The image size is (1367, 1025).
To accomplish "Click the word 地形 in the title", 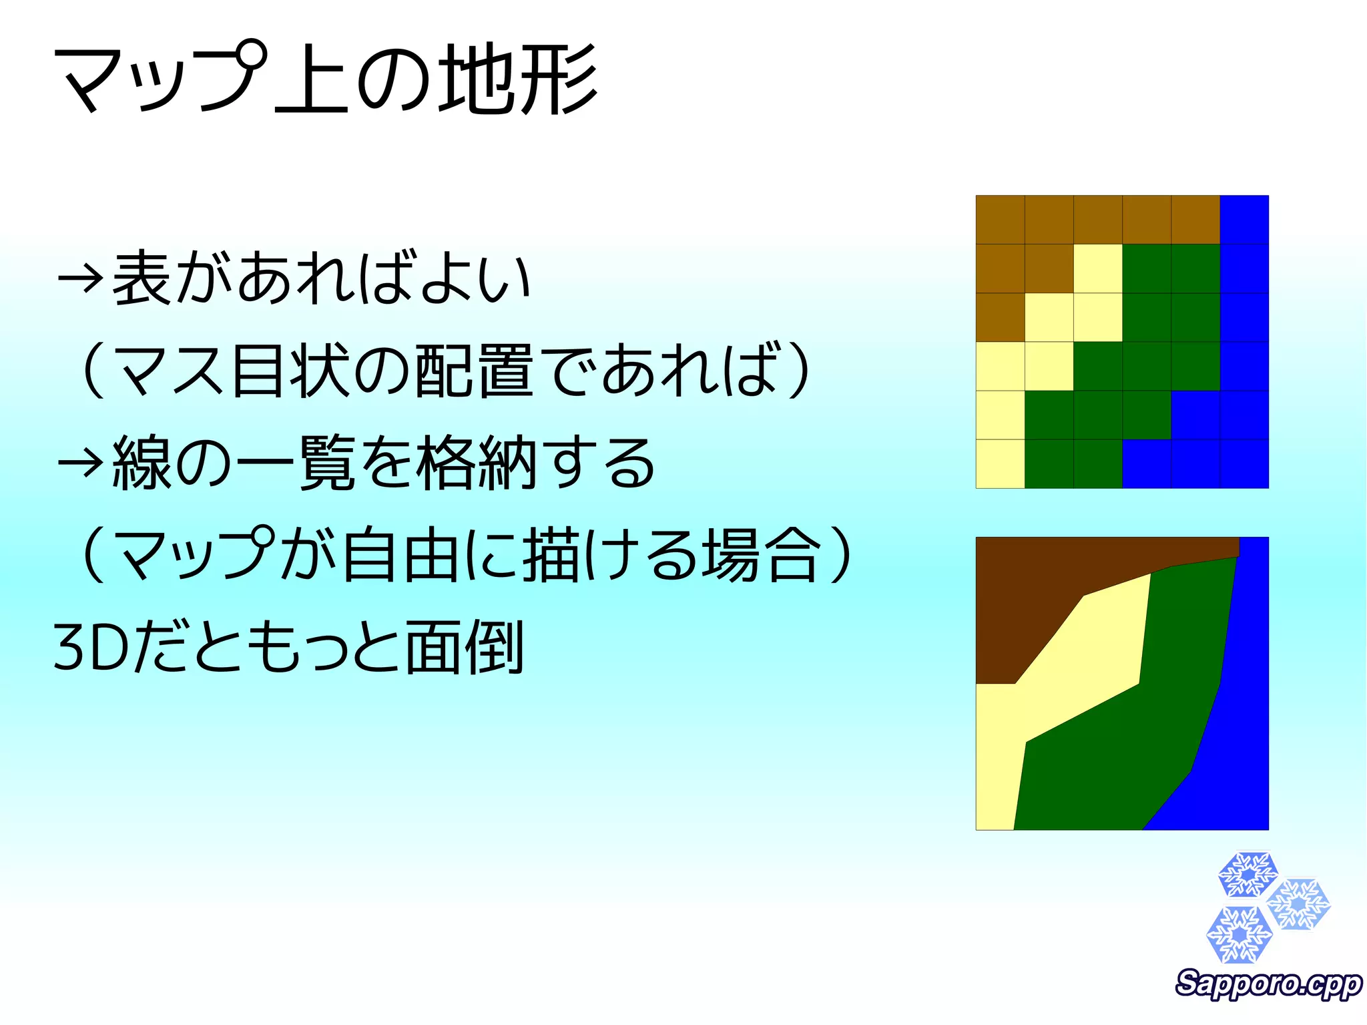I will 518,79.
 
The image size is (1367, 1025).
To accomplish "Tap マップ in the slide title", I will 160,79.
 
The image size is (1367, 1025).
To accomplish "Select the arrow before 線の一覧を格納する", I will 80,462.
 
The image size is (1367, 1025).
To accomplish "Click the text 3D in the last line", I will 91,646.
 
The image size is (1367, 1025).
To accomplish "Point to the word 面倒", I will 463,646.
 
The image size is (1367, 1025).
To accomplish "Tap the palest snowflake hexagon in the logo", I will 1299,904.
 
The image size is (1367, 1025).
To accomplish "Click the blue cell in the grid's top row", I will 1244,220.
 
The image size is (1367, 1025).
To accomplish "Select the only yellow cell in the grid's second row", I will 1098,268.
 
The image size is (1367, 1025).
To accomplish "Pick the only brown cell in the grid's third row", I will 1000,317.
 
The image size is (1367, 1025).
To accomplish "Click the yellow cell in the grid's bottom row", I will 1000,463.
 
